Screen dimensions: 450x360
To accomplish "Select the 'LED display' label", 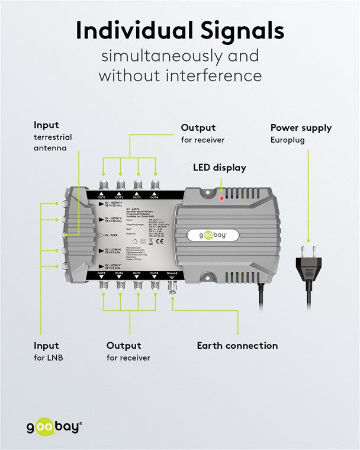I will pyautogui.click(x=219, y=168).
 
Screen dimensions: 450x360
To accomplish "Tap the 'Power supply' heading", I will pyautogui.click(x=301, y=127).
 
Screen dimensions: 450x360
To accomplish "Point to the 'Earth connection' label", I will pyautogui.click(x=237, y=345).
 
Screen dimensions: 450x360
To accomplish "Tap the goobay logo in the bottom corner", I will pyautogui.click(x=54, y=426).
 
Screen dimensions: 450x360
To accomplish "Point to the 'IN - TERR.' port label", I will pyautogui.click(x=110, y=235).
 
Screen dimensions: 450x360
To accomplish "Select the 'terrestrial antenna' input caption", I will pyautogui.click(x=53, y=143).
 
